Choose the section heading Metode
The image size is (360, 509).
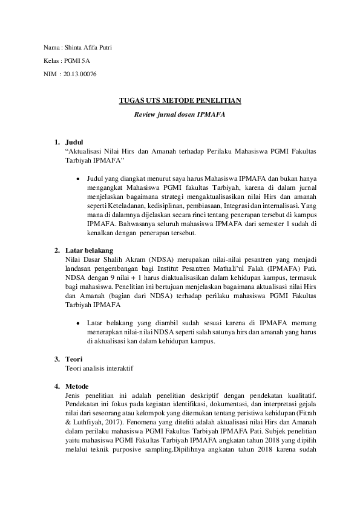[x=76, y=386]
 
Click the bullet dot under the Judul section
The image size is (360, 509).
[x=79, y=179]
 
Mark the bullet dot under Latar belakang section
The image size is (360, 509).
[x=79, y=323]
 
